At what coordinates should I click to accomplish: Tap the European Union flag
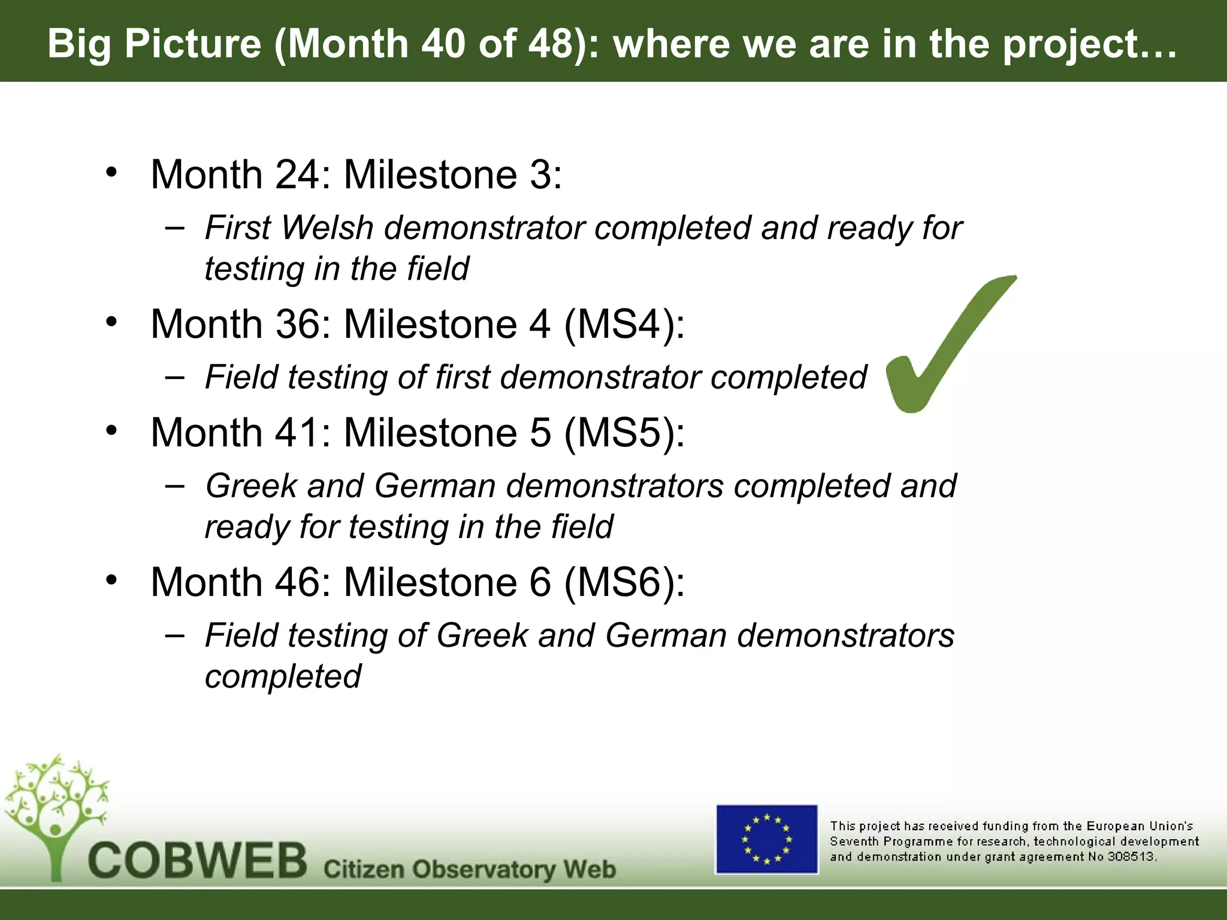[x=767, y=839]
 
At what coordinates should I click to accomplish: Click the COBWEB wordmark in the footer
[x=198, y=861]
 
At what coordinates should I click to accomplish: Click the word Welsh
[x=327, y=228]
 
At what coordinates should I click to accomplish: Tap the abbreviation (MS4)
[x=624, y=325]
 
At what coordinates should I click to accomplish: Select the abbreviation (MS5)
[x=624, y=432]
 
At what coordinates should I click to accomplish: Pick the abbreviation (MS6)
[x=624, y=582]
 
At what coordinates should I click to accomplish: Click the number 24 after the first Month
[x=298, y=175]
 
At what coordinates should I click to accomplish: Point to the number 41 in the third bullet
[x=298, y=432]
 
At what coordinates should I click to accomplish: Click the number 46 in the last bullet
[x=298, y=582]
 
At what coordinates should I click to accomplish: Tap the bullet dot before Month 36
[x=111, y=322]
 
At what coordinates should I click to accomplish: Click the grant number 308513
[x=1131, y=857]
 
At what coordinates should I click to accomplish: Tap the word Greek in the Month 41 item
[x=251, y=486]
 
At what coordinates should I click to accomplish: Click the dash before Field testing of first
[x=174, y=378]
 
